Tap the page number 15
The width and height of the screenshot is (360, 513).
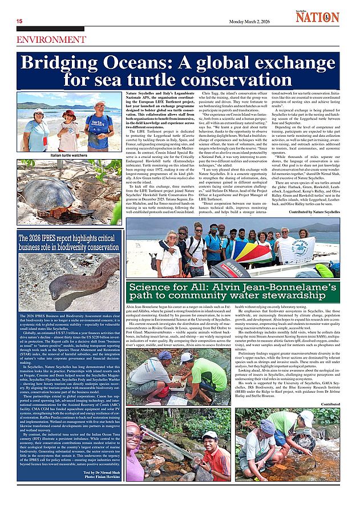click(19, 22)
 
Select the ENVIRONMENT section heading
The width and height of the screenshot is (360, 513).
click(51, 40)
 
